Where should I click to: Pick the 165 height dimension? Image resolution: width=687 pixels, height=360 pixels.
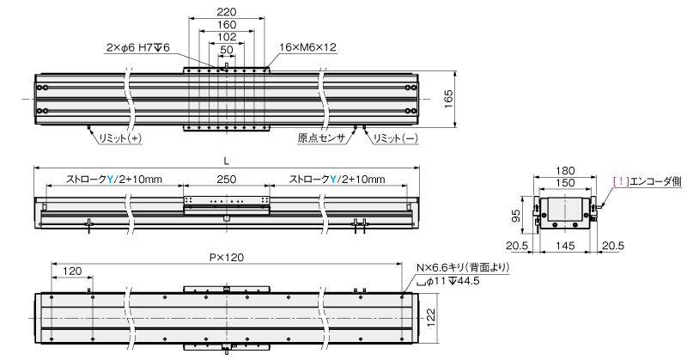click(x=448, y=99)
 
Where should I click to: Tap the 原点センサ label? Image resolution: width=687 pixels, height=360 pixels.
click(x=321, y=137)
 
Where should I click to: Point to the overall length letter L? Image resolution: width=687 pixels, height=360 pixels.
click(x=225, y=161)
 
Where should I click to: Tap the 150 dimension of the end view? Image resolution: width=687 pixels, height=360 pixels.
click(x=563, y=182)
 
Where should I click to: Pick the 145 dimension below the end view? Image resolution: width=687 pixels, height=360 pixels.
click(x=563, y=246)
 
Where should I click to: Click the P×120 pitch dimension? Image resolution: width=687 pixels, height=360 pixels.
click(x=225, y=255)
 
